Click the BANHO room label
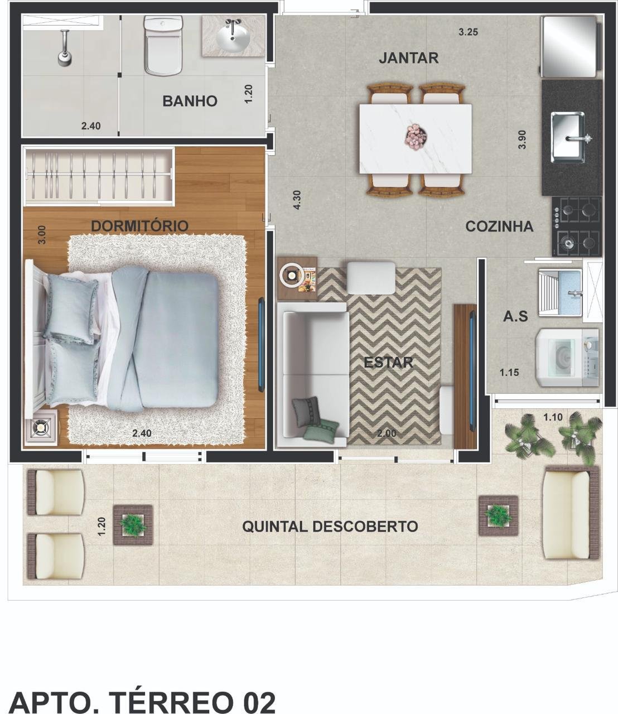coord(190,101)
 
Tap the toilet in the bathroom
coord(163,45)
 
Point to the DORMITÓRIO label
coord(139,226)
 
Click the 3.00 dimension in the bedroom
coord(41,235)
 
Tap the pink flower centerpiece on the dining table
coord(416,137)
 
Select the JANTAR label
coord(409,57)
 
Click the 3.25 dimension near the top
coord(468,32)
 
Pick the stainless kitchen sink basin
coord(568,137)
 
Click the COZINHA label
coord(499,226)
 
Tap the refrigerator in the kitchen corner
coord(569,46)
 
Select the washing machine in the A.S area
coord(567,358)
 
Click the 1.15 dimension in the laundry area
coord(509,373)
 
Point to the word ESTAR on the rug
coord(388,363)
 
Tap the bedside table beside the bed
coord(41,427)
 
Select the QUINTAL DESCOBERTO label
coord(330,527)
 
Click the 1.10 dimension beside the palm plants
coord(553,417)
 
